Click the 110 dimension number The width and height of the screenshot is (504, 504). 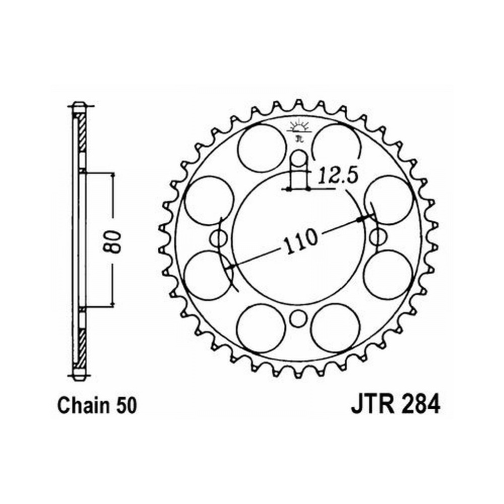pyautogui.click(x=301, y=241)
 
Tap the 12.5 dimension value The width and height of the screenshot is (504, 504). pyautogui.click(x=338, y=175)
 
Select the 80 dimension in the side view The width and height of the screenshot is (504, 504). pyautogui.click(x=112, y=241)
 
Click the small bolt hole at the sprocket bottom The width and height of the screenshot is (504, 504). pyautogui.click(x=298, y=318)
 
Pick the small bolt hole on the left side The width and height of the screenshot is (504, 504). pyautogui.click(x=219, y=238)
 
